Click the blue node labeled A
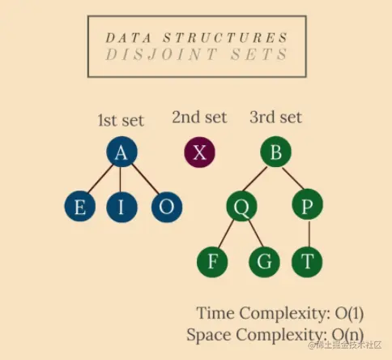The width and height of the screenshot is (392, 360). tap(121, 152)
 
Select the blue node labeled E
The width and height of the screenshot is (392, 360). tap(80, 207)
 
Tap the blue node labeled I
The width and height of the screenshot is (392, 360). tap(121, 207)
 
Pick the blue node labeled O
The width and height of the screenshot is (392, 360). tap(167, 207)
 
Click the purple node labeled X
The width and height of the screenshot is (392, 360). tap(200, 152)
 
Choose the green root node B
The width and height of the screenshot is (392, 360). tap(275, 152)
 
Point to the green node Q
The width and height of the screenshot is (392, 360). tap(242, 207)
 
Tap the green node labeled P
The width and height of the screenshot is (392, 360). tap(307, 204)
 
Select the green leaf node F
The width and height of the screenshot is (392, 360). tap(212, 262)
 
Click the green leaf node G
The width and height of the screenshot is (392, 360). tap(264, 262)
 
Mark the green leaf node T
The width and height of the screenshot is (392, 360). tap(307, 262)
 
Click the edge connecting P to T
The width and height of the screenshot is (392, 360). tap(309, 234)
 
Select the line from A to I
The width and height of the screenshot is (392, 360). tap(121, 179)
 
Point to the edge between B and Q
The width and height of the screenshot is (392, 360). tap(254, 179)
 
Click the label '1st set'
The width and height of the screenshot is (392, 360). tap(121, 120)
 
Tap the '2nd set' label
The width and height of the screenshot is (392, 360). tap(199, 117)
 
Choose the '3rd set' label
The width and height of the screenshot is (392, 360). tap(275, 117)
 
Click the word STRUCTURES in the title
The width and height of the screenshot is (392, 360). tap(226, 37)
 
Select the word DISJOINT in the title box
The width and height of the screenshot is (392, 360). tap(162, 54)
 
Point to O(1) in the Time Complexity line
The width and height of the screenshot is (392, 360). tap(349, 314)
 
